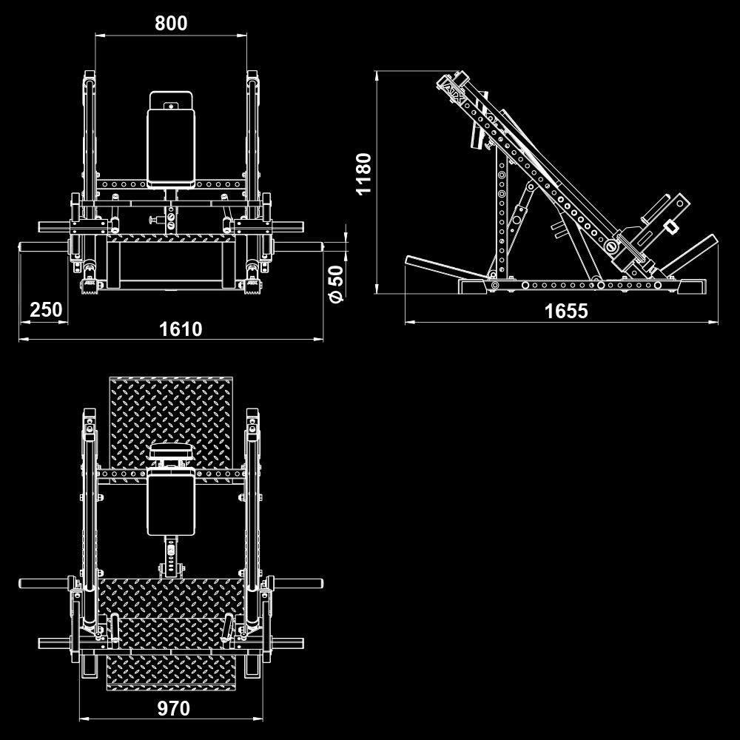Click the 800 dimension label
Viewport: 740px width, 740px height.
click(x=171, y=23)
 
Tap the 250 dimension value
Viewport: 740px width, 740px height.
click(x=46, y=310)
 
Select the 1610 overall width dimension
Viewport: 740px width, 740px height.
click(x=181, y=329)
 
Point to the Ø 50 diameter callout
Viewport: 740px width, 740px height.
click(x=337, y=284)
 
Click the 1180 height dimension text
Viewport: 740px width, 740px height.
click(x=364, y=174)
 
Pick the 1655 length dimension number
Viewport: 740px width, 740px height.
click(x=566, y=311)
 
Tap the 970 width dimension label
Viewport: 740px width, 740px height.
click(x=173, y=708)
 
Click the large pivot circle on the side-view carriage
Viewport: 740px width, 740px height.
click(x=612, y=246)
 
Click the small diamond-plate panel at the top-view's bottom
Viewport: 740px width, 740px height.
click(x=171, y=673)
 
